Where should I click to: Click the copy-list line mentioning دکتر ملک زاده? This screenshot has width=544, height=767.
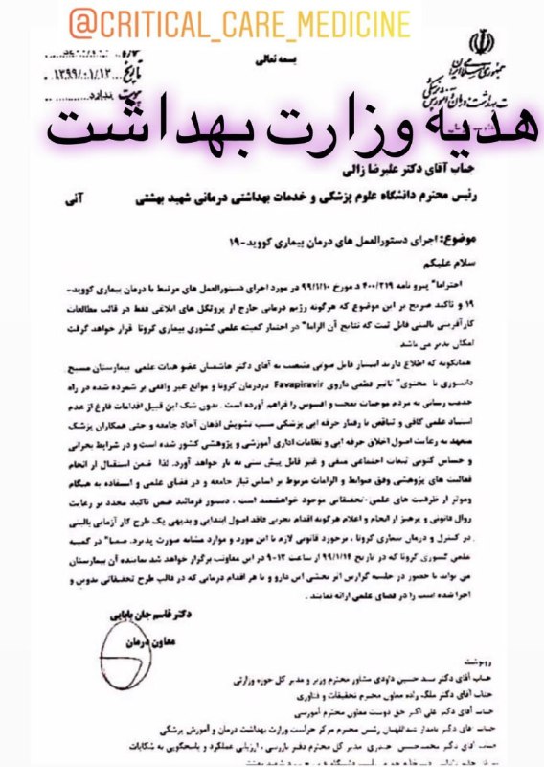coord(383,694)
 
